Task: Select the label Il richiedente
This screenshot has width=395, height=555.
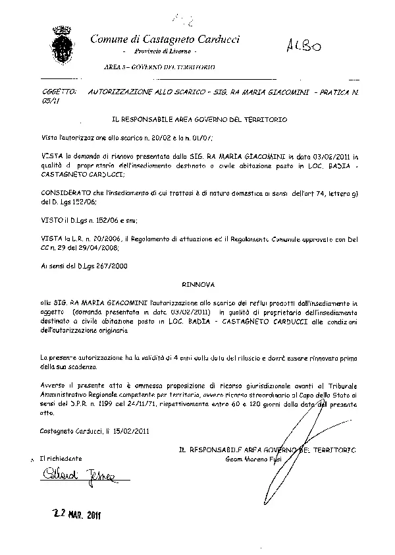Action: coord(61,457)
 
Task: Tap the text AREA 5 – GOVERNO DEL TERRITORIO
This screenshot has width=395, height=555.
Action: coord(159,67)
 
